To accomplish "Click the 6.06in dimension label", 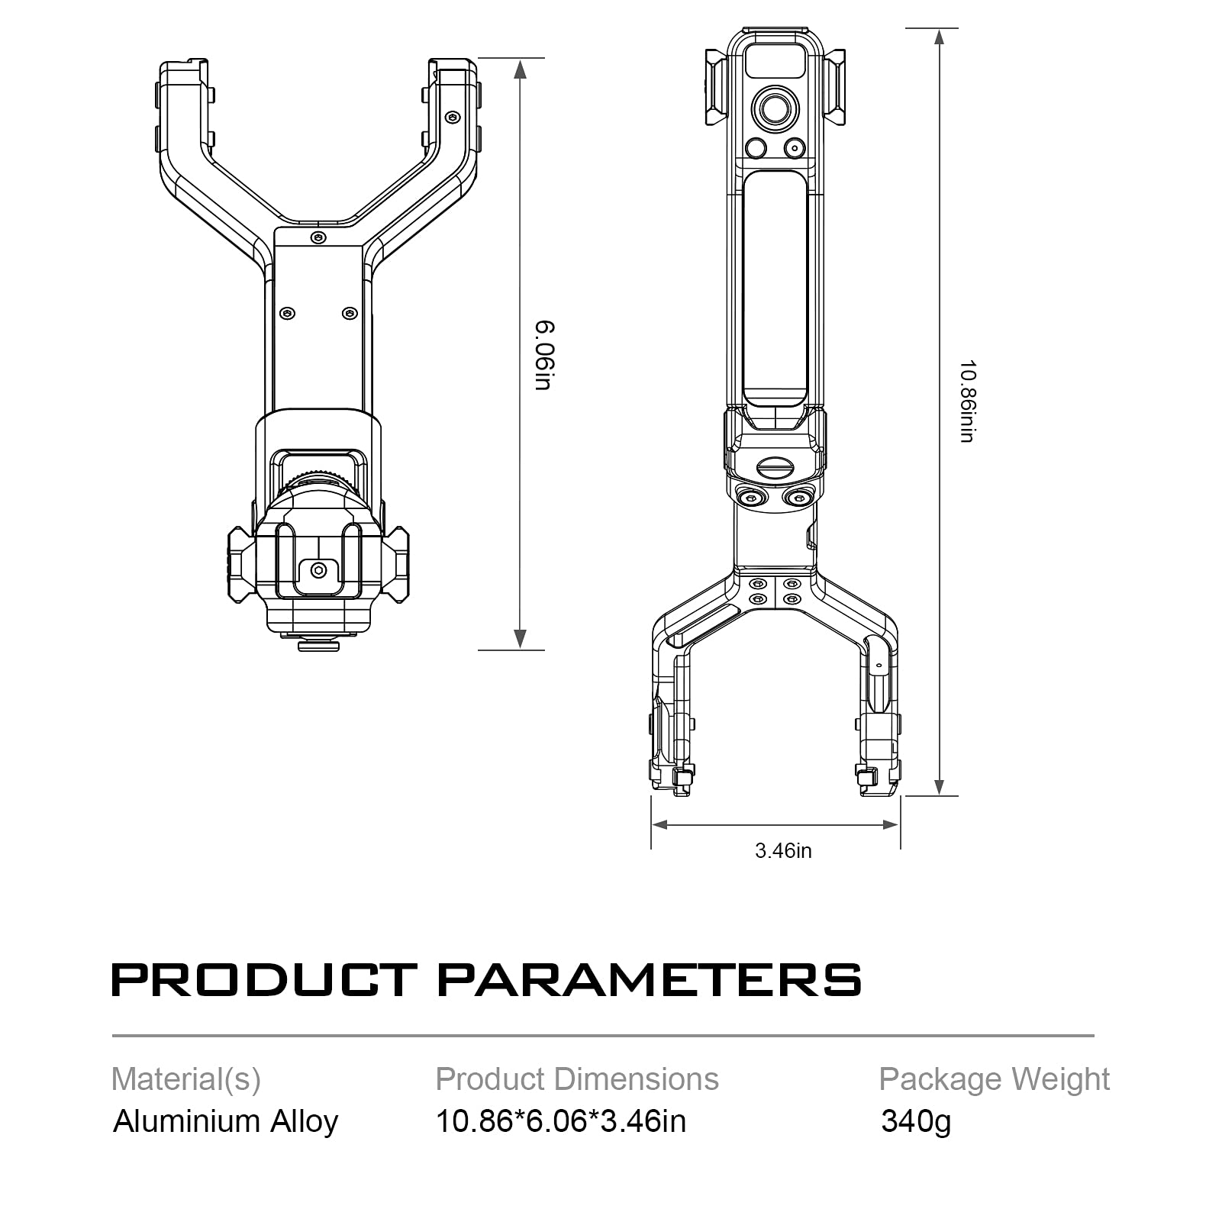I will pos(543,356).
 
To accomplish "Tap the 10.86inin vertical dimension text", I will pos(966,401).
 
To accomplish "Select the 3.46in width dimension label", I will pos(783,850).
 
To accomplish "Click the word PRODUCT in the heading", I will pos(264,979).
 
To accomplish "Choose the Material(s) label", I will pos(186,1079).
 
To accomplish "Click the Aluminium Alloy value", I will pos(226,1121).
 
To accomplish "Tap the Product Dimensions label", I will pos(577,1079).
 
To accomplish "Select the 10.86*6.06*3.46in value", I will pos(561,1121).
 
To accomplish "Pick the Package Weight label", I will pos(994,1079).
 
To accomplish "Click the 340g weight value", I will pos(916,1121).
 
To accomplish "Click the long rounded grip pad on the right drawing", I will pos(775,287).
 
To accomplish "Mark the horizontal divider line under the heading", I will pos(603,1036).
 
